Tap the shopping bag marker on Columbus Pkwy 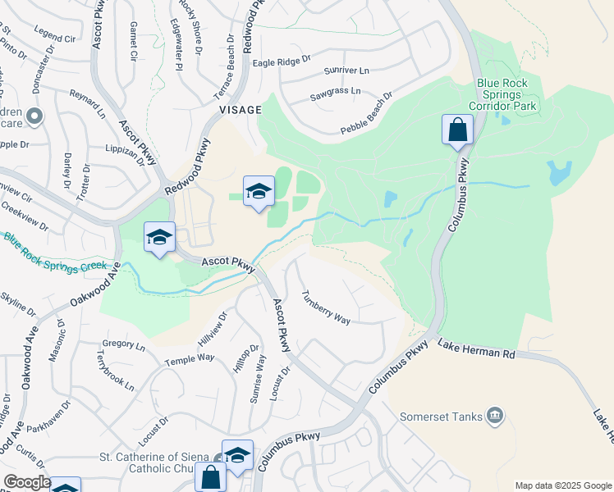click(x=457, y=130)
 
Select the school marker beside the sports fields click(x=259, y=193)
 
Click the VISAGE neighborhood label click(x=240, y=109)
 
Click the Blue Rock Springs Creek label click(x=54, y=254)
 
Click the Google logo click(x=26, y=482)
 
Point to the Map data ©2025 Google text click(x=563, y=485)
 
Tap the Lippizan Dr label click(x=125, y=155)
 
